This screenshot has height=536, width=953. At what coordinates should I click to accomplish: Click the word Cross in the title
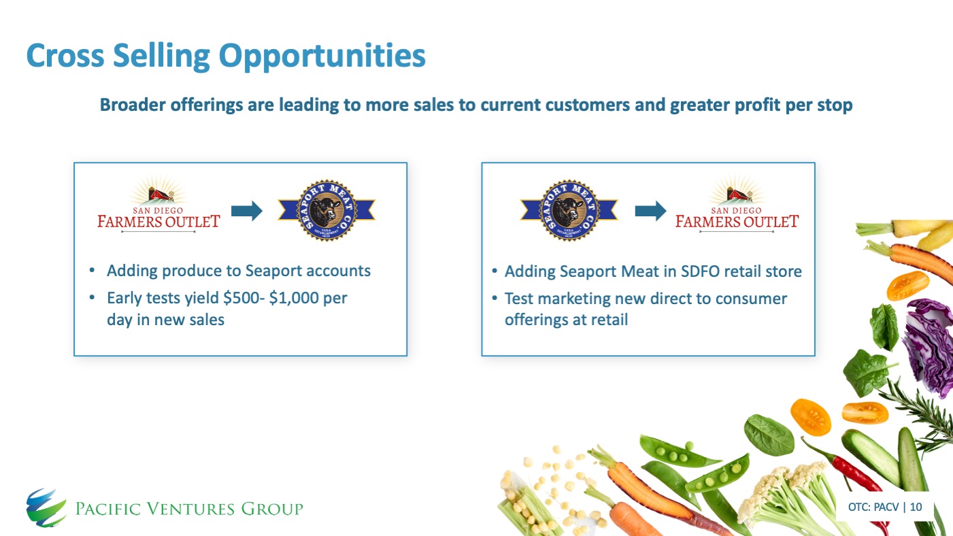(65, 55)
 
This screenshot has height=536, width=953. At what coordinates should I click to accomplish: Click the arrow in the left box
(247, 211)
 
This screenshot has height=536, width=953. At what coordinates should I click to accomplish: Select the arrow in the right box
(650, 211)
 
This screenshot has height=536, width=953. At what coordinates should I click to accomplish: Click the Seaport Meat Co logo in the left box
(327, 210)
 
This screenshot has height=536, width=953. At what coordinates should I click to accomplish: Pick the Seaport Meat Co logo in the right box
(569, 210)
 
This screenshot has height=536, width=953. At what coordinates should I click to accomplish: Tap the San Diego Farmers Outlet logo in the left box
(158, 204)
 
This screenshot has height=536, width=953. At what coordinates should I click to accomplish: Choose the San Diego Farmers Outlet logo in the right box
(737, 204)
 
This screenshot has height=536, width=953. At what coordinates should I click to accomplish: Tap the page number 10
(916, 507)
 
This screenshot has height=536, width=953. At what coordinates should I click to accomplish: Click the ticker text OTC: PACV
(873, 507)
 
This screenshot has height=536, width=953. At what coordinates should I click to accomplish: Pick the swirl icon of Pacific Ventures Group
(46, 507)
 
